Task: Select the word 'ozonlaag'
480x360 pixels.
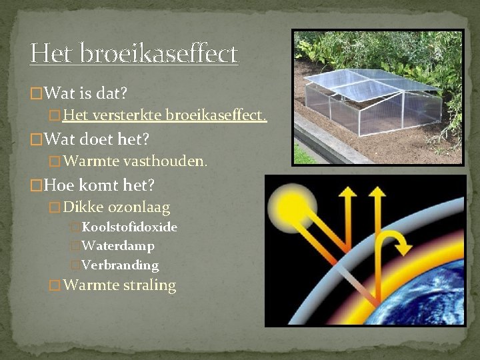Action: (x=139, y=207)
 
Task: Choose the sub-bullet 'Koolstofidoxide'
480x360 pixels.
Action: (x=129, y=227)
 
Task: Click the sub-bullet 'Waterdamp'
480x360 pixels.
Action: (x=118, y=246)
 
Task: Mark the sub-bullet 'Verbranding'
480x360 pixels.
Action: (x=120, y=265)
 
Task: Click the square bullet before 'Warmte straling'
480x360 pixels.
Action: (x=55, y=286)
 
